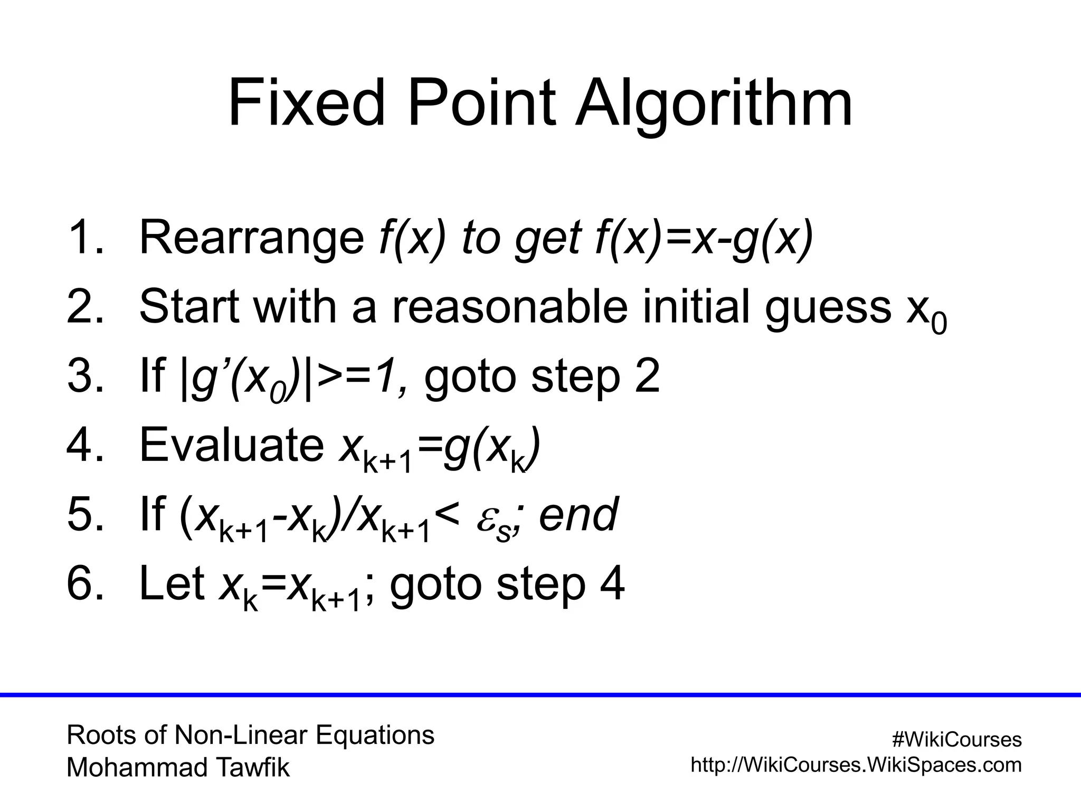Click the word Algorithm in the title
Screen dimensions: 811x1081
pyautogui.click(x=714, y=103)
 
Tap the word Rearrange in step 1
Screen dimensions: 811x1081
pyautogui.click(x=251, y=237)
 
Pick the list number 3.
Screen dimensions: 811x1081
pyautogui.click(x=84, y=376)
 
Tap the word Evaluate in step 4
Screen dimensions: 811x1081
pyautogui.click(x=232, y=445)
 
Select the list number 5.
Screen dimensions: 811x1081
pyautogui.click(x=84, y=514)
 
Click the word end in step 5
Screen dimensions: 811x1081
pyautogui.click(x=578, y=514)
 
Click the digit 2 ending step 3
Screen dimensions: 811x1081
pyautogui.click(x=647, y=376)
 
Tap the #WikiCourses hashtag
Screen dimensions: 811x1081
pyautogui.click(x=956, y=740)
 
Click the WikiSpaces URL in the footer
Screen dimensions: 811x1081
pyautogui.click(x=856, y=765)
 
